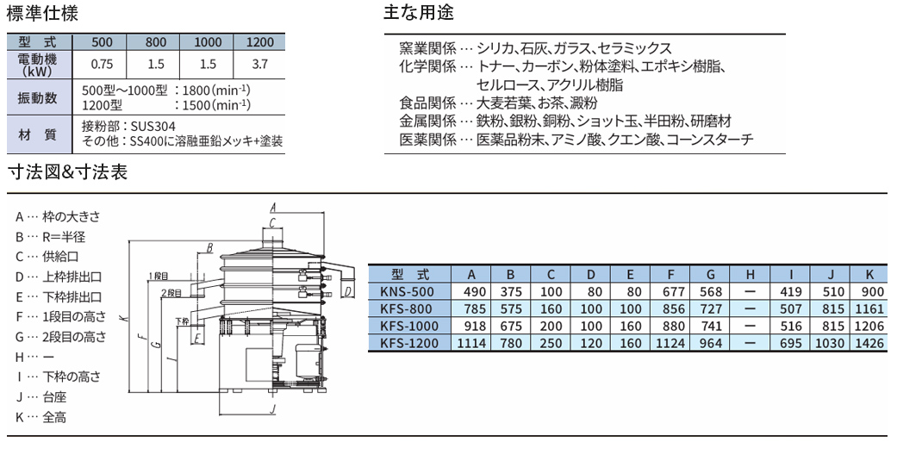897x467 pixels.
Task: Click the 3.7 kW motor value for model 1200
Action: [259, 64]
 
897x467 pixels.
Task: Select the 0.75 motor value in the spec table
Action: [102, 64]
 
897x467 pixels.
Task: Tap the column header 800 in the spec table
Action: [156, 41]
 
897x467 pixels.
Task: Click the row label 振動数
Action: [38, 98]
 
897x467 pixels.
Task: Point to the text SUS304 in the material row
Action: [153, 126]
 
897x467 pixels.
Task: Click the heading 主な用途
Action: [419, 13]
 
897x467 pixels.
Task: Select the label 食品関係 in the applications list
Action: [427, 103]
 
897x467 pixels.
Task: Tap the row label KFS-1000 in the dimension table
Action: [409, 327]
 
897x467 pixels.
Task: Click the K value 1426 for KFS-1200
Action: [869, 344]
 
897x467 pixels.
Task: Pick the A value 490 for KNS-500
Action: [475, 292]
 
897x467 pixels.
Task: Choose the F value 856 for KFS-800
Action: [673, 309]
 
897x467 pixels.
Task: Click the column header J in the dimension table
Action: [831, 275]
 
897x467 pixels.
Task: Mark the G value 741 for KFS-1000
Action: [711, 327]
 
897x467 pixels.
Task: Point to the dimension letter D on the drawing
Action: [348, 292]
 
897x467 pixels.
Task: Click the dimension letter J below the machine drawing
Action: [273, 409]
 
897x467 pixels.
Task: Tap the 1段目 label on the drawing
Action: [159, 276]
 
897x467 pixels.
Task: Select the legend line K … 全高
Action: [40, 417]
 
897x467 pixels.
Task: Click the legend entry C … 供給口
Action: [47, 257]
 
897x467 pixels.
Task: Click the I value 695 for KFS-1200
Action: [791, 344]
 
